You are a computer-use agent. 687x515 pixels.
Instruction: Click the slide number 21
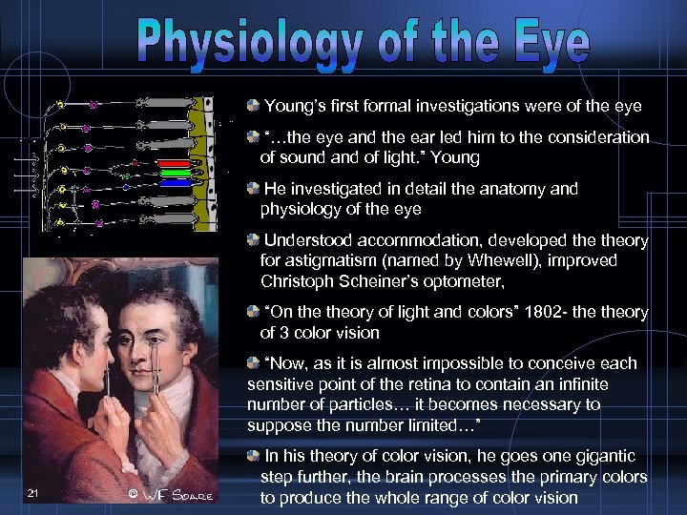tap(34, 490)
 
